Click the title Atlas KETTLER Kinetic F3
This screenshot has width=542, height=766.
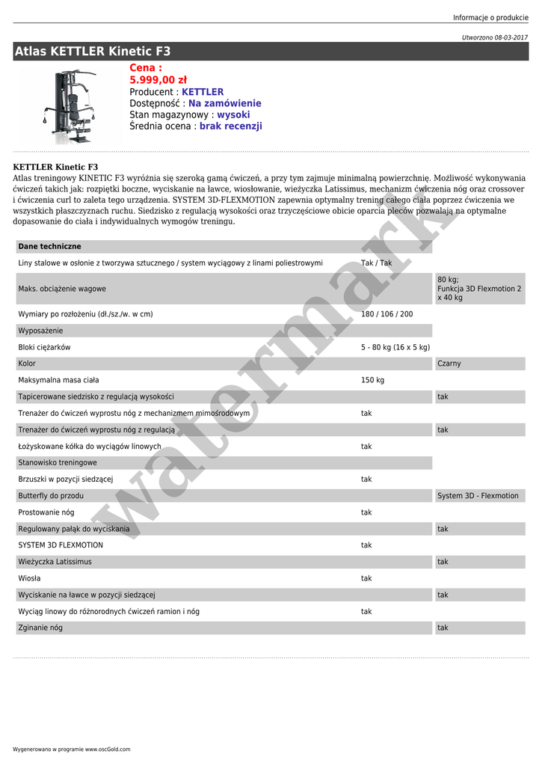[x=93, y=52]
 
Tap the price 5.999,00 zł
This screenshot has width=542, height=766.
[x=158, y=80]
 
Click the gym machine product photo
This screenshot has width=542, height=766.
[x=72, y=105]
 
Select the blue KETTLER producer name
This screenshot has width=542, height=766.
[x=202, y=92]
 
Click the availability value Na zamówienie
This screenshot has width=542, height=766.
[x=224, y=103]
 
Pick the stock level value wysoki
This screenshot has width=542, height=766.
[x=233, y=115]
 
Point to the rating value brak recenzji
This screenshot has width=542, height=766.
[x=230, y=126]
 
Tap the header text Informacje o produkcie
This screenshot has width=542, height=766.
[x=490, y=18]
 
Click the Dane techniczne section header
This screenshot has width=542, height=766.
[x=49, y=246]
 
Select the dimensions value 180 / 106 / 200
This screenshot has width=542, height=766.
[x=387, y=314]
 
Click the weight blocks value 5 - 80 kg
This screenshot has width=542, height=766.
[x=395, y=347]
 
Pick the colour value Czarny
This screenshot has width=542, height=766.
[x=449, y=364]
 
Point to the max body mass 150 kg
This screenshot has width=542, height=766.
[x=372, y=380]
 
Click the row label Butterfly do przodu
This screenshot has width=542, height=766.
[x=51, y=496]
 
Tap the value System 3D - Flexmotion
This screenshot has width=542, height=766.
[x=478, y=496]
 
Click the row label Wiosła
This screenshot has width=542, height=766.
[x=29, y=578]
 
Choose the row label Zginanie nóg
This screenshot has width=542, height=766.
[x=40, y=628]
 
